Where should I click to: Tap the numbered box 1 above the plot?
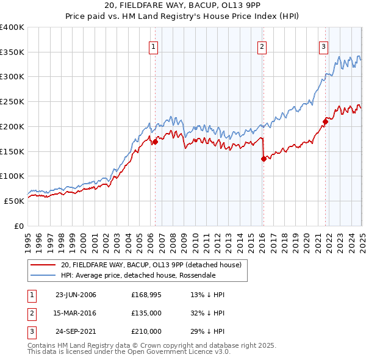(x=153, y=46)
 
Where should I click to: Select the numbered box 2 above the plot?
(x=262, y=46)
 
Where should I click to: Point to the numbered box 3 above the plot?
(x=323, y=46)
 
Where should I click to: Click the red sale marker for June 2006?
(x=155, y=142)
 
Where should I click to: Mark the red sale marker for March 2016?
(x=264, y=159)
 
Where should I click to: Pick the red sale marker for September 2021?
(x=325, y=121)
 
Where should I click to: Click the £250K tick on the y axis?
(x=13, y=102)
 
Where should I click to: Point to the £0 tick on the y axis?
(x=20, y=226)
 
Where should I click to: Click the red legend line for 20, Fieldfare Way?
(x=43, y=265)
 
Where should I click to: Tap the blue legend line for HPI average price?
(x=43, y=275)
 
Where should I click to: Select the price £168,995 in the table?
(x=146, y=295)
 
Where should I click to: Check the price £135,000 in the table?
(x=146, y=313)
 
